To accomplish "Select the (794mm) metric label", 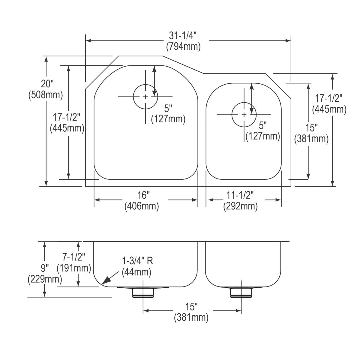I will click(x=183, y=47).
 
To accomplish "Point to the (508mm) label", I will click(x=46, y=95).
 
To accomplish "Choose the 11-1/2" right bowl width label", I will click(x=240, y=195).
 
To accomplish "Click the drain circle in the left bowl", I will click(x=145, y=97).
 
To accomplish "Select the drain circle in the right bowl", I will click(x=244, y=115).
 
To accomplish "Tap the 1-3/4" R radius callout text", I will click(x=137, y=261).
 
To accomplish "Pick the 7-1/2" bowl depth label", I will click(x=73, y=257).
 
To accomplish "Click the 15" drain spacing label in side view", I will click(x=191, y=307).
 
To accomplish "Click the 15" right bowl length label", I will click(x=311, y=128).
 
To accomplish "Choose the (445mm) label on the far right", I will click(x=329, y=109).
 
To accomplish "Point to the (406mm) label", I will click(x=142, y=206).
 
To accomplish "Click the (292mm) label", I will click(x=240, y=206).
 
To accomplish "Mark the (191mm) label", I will click(x=74, y=268).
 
